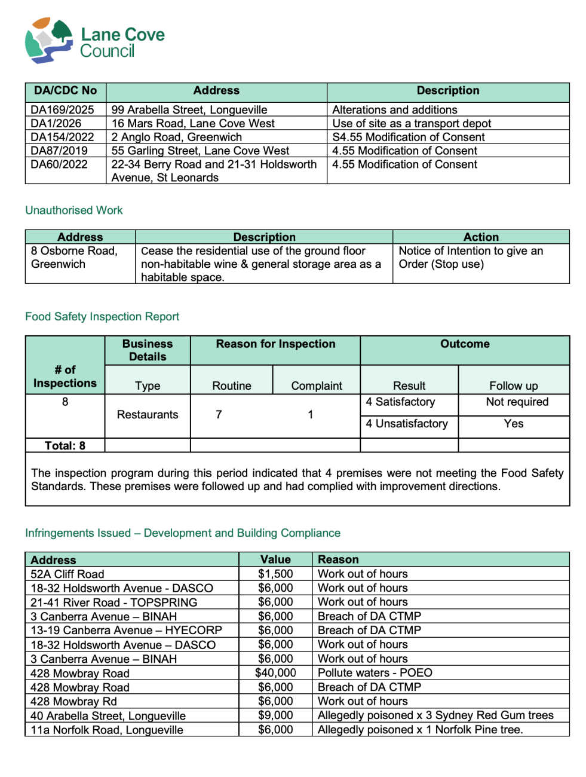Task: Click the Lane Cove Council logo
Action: pos(94,41)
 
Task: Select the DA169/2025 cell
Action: pos(62,110)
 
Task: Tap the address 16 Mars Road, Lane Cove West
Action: pos(193,124)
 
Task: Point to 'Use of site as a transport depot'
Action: pos(412,124)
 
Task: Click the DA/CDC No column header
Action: pos(65,91)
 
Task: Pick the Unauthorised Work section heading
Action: pos(73,210)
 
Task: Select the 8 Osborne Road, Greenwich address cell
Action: pos(74,258)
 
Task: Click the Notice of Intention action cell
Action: pos(471,258)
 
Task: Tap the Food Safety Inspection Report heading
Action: pos(102,317)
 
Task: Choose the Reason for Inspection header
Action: pos(275,344)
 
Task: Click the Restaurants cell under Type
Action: pos(148,415)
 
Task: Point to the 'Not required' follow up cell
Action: pos(517,402)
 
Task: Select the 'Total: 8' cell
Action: pos(65,446)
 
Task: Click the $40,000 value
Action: pos(275,673)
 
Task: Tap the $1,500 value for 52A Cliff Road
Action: pos(275,574)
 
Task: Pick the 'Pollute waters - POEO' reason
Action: pos(375,673)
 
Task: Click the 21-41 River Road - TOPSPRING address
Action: pos(113,602)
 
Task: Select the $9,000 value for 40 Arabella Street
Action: pos(275,715)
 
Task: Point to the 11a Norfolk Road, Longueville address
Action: pos(107,730)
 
